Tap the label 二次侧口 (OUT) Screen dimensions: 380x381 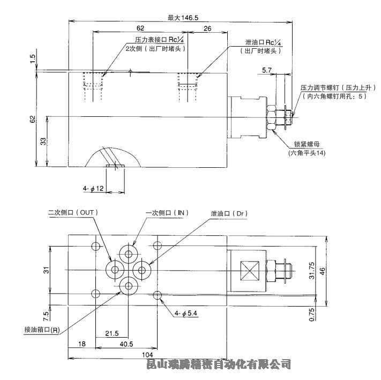pos(73,212)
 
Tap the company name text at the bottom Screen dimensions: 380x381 pos(219,364)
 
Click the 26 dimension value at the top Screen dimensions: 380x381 pos(207,27)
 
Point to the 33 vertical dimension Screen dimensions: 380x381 pos(43,141)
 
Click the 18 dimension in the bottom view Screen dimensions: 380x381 pos(82,344)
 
